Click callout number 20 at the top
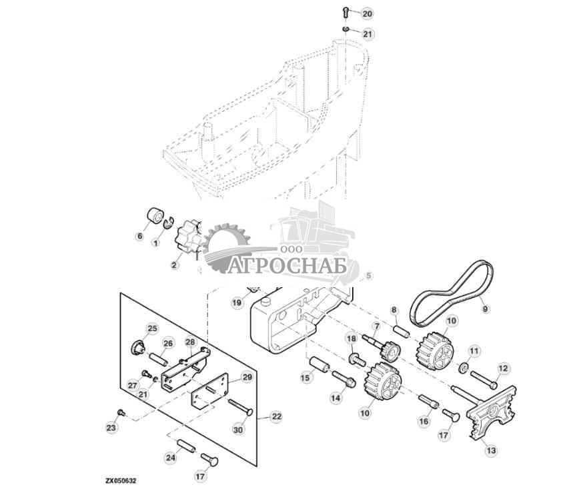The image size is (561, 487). click(x=368, y=14)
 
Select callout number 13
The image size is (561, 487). click(x=492, y=450)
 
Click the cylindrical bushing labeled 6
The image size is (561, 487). click(x=155, y=215)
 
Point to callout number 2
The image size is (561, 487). click(x=174, y=265)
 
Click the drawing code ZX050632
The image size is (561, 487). click(x=121, y=481)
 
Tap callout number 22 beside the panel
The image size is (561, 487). click(x=277, y=416)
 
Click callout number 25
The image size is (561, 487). click(x=153, y=328)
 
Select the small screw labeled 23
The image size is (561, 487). click(x=121, y=413)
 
